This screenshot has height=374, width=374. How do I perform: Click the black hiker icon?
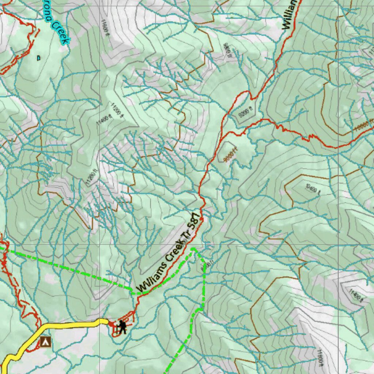point(122,327)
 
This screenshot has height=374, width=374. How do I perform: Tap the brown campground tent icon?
point(45,342)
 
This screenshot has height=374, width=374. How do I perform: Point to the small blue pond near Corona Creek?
point(38,57)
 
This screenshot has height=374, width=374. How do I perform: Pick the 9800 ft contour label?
point(227,50)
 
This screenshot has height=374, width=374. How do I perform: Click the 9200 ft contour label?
point(245,114)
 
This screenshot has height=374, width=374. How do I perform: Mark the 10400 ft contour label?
point(312,189)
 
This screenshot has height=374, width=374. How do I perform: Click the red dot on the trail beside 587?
point(201,219)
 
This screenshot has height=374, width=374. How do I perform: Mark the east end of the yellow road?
point(107,321)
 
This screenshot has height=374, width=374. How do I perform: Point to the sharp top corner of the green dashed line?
point(193,249)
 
